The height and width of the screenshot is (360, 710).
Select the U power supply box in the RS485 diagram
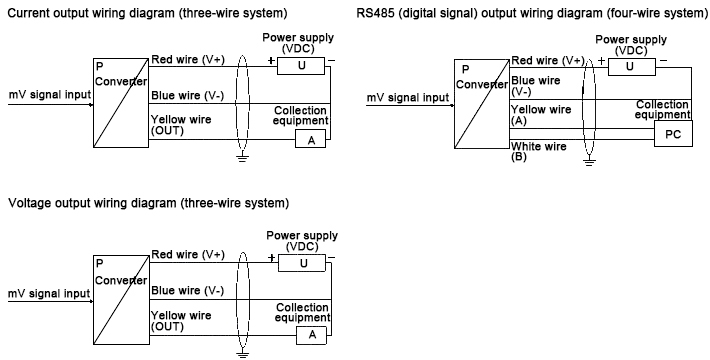point(628,66)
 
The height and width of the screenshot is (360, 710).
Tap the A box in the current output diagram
point(311,140)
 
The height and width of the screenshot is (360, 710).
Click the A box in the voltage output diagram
point(311,334)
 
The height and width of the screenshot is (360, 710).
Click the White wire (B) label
point(539,151)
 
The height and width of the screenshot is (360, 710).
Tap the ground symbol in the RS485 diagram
point(589,158)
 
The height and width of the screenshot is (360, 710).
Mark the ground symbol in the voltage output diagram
point(240,352)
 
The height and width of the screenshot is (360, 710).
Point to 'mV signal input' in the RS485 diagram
point(407,97)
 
